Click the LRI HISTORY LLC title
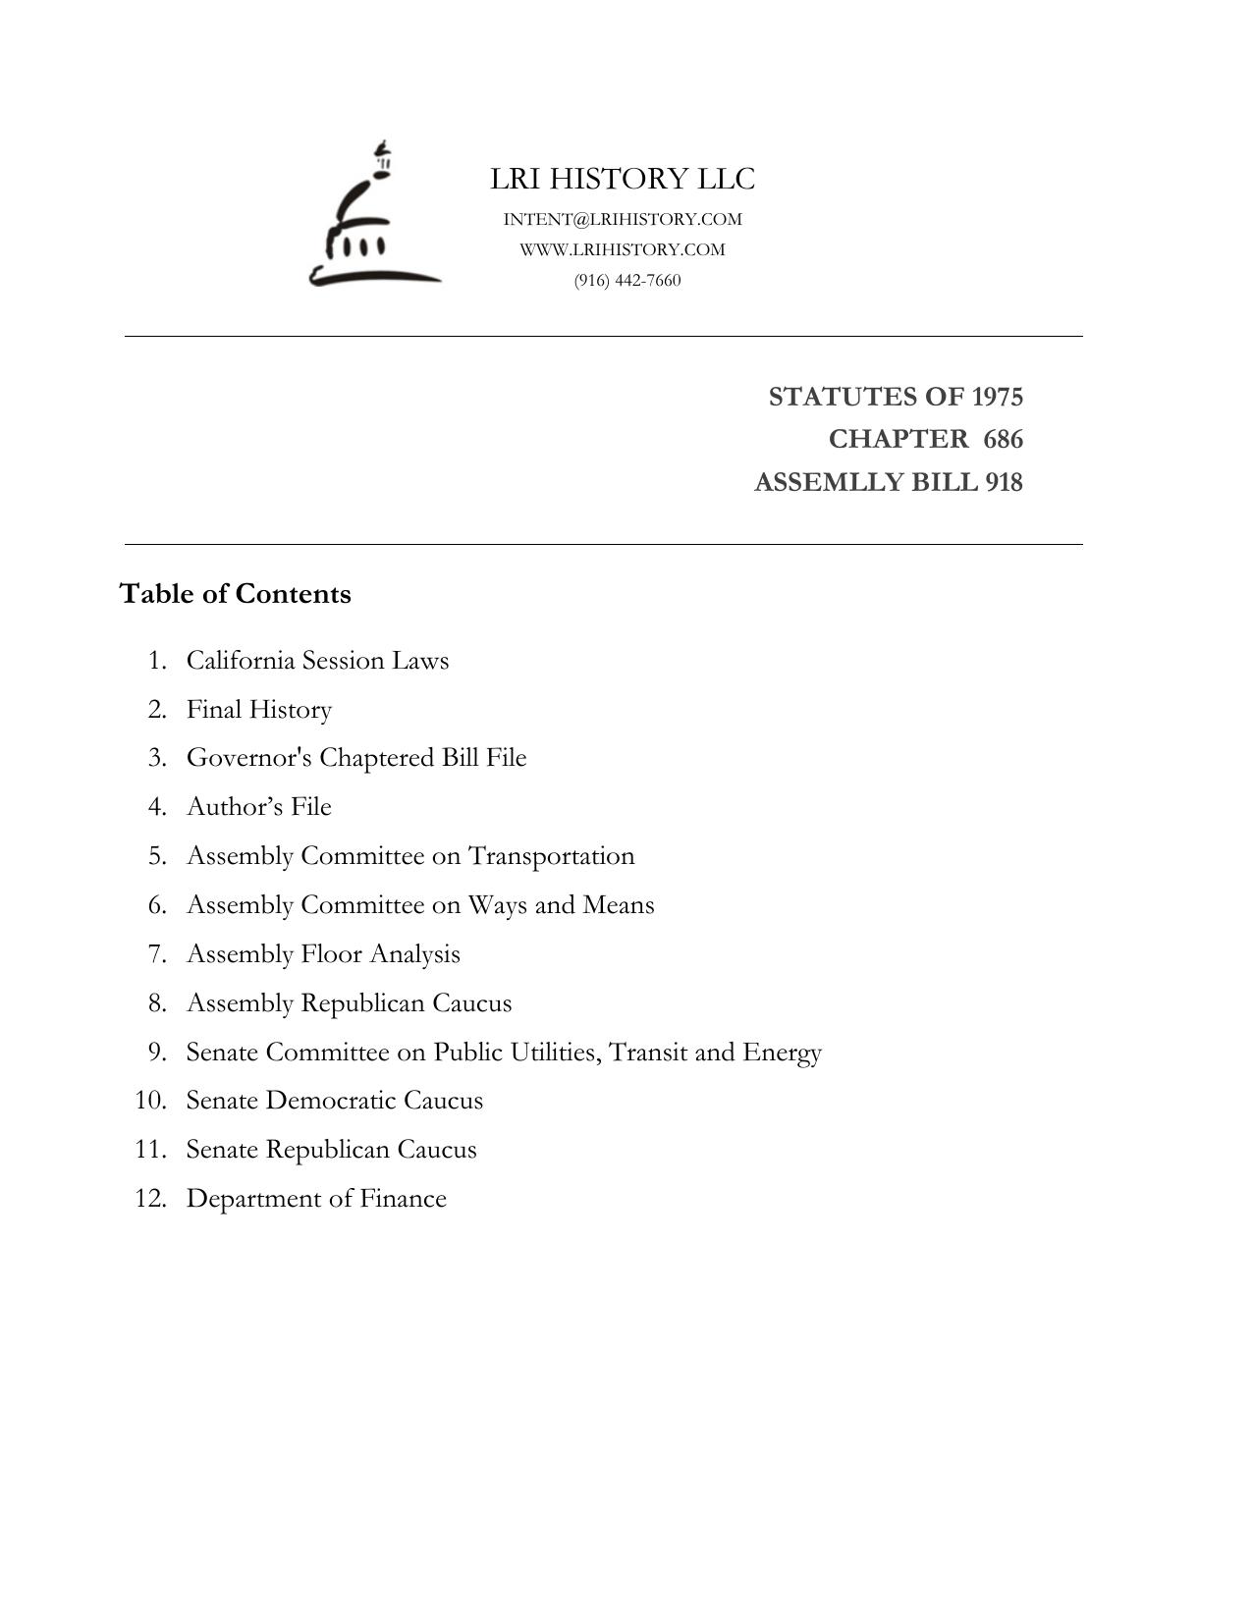click(x=623, y=180)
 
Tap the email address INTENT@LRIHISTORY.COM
click(x=623, y=220)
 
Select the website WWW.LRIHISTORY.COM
click(x=623, y=250)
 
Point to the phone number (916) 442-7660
click(x=627, y=281)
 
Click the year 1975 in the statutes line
click(x=997, y=398)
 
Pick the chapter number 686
click(x=1003, y=440)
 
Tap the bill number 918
click(x=1004, y=483)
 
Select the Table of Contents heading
click(x=236, y=595)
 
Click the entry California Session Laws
click(x=317, y=661)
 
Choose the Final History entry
click(x=259, y=710)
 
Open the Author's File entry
click(x=259, y=807)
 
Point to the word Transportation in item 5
click(x=551, y=856)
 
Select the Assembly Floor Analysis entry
click(x=323, y=954)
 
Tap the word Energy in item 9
click(x=782, y=1053)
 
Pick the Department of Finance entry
click(x=316, y=1199)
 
